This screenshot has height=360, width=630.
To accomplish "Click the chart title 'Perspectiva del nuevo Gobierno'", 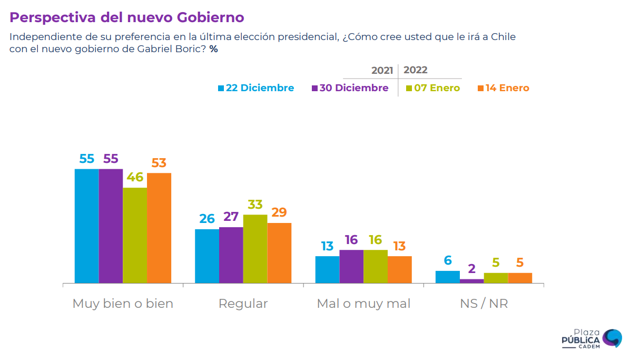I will (x=127, y=17).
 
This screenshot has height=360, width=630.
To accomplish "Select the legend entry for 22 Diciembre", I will (x=256, y=88).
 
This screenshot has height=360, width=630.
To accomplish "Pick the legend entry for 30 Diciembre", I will (x=350, y=88).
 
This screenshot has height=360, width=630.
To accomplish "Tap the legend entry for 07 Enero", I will (x=433, y=88).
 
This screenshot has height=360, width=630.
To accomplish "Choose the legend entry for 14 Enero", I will (x=504, y=88).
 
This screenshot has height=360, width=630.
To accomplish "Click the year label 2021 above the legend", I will (x=382, y=71).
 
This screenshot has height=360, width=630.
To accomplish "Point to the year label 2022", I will (x=416, y=70).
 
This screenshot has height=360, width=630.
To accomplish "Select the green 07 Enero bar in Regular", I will (x=255, y=249).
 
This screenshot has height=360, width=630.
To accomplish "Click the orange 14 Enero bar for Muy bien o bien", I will (x=159, y=228).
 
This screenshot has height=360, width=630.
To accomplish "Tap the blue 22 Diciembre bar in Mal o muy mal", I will (x=327, y=270).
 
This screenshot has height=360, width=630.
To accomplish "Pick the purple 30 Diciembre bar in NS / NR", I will (x=471, y=281).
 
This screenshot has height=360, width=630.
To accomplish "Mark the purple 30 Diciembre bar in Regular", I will (x=231, y=255).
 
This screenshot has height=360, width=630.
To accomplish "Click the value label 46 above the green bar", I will (x=135, y=177).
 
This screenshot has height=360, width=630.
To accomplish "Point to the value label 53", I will (x=159, y=163).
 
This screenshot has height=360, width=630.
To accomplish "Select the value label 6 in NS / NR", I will (x=447, y=260).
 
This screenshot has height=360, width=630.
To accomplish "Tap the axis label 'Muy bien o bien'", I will (x=123, y=304).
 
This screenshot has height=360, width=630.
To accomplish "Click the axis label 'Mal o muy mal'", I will (x=363, y=304).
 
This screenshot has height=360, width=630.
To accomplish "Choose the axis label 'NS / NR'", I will (x=484, y=304).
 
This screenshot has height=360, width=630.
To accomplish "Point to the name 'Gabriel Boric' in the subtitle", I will (x=171, y=49).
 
